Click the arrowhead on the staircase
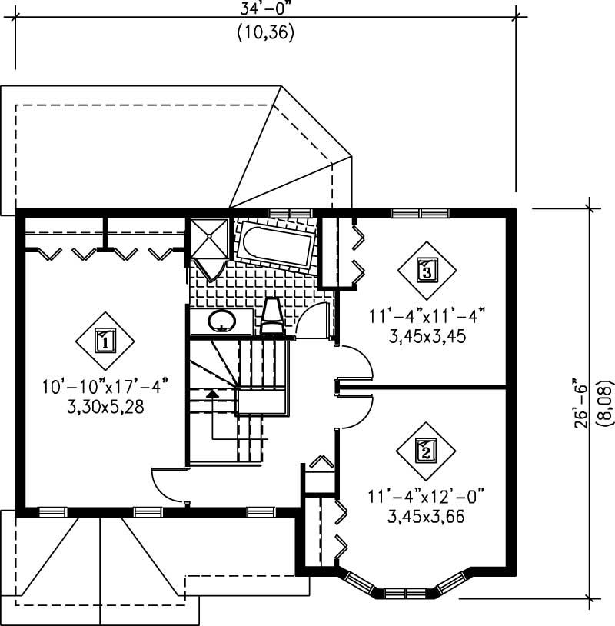(212, 394)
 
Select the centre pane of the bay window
(404, 593)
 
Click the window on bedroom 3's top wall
(418, 212)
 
